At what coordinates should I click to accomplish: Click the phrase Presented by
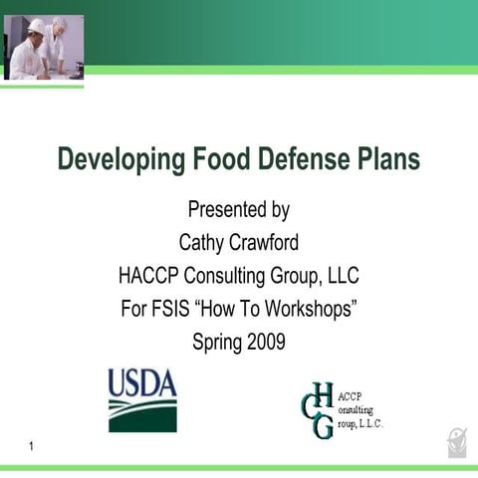[x=239, y=210]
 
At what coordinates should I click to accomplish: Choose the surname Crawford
[x=265, y=242]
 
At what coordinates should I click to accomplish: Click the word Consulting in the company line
[x=225, y=275]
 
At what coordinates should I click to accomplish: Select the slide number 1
[x=33, y=447]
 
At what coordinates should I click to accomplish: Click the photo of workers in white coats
[x=44, y=47]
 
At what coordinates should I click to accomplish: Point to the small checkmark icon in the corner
[x=456, y=441]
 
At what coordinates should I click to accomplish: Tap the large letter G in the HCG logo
[x=323, y=425]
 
